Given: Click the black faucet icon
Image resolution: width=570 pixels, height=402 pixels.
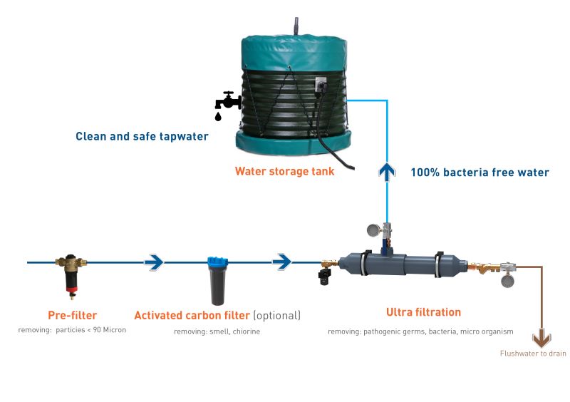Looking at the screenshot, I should click(228, 105).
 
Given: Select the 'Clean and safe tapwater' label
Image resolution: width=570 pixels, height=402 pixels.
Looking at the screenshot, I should click(142, 136).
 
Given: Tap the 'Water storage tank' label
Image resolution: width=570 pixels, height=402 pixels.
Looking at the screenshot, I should click(284, 171).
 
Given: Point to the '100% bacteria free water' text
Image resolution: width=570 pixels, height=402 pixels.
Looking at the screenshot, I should click(480, 172).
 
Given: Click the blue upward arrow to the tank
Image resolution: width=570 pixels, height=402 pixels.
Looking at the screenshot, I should click(387, 172).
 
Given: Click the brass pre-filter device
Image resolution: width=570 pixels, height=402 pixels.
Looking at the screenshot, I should click(71, 274).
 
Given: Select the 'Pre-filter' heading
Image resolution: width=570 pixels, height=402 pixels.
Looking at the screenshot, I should click(72, 315).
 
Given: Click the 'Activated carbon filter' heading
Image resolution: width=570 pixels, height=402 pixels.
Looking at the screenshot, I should click(192, 315).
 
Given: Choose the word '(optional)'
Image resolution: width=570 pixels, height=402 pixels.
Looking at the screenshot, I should click(276, 315).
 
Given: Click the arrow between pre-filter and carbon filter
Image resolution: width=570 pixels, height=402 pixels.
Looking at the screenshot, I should click(154, 262).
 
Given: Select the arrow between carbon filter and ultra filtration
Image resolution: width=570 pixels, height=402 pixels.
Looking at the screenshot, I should click(282, 262).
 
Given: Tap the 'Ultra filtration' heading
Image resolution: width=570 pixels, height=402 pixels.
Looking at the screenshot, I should click(423, 312).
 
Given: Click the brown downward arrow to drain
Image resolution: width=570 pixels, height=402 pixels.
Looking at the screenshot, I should click(541, 337).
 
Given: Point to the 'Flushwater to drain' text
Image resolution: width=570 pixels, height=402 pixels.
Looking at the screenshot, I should click(532, 354).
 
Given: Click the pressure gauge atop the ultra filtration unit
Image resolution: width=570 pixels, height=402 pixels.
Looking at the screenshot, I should click(373, 230).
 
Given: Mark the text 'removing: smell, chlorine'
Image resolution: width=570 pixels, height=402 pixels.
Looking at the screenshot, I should click(217, 331).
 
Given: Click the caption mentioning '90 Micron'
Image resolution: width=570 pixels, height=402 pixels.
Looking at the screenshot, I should click(72, 330).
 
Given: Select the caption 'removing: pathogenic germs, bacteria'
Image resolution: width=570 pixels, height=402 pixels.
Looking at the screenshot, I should click(420, 331).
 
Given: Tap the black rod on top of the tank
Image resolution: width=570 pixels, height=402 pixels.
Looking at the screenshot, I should click(296, 26).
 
